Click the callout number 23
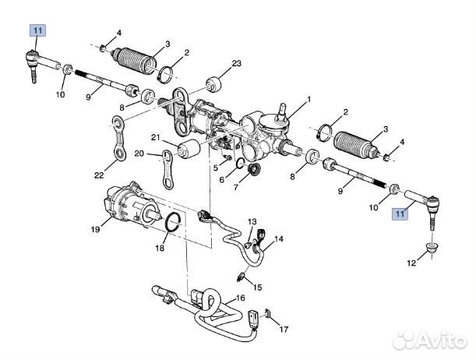tap(237, 63)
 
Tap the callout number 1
tap(309, 99)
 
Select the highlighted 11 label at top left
tap(37, 30)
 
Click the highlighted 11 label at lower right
tap(400, 214)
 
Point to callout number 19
tap(95, 229)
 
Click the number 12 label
tap(411, 263)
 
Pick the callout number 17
tap(284, 329)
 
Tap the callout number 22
tap(99, 175)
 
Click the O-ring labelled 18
tap(173, 223)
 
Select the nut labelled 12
tap(432, 249)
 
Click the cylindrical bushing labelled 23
tap(214, 85)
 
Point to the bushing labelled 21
tap(189, 149)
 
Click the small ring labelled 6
tap(240, 164)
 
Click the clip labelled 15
tap(241, 277)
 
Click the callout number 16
tap(240, 298)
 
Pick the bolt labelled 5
tap(227, 157)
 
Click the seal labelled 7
tap(254, 169)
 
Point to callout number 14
tap(279, 239)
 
